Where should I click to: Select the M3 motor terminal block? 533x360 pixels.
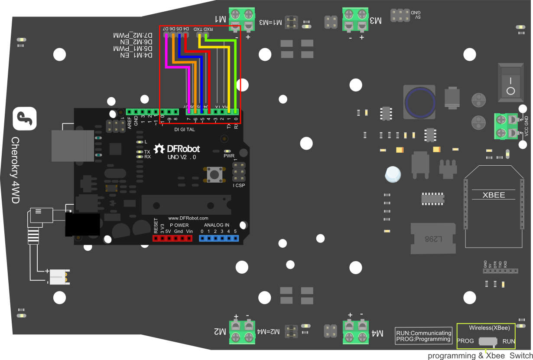tap(355, 20)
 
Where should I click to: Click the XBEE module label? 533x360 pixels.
tap(494, 195)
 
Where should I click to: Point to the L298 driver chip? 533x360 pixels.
tap(433, 239)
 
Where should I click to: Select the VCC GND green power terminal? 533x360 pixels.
tap(505, 126)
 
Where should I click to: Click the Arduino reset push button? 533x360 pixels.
tap(214, 174)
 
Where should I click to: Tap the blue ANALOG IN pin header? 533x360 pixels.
tap(218, 238)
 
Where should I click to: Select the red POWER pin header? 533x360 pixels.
tap(172, 238)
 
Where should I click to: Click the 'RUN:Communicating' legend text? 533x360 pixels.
tap(424, 333)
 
